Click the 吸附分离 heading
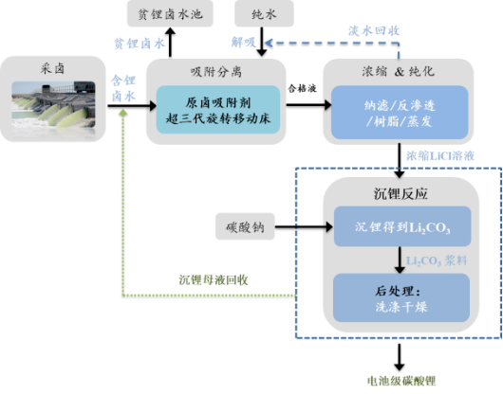tap(216, 72)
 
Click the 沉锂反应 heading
tap(399, 193)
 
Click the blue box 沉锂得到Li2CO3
tap(399, 228)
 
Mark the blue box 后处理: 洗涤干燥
tap(399, 295)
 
